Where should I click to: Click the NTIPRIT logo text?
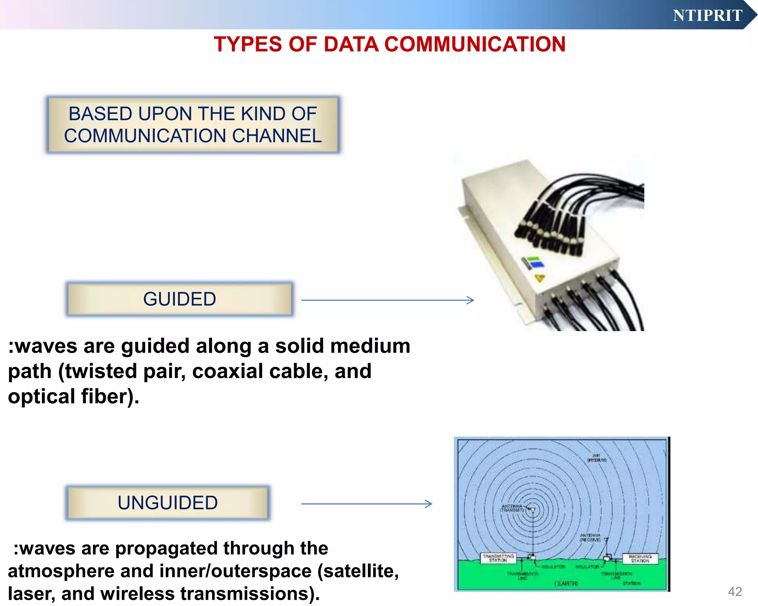point(707,16)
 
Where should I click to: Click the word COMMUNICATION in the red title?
point(475,44)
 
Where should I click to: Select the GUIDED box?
point(180,299)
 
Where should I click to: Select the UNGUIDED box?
point(168,503)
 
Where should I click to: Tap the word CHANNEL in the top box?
point(277,136)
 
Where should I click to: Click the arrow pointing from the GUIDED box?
point(387,300)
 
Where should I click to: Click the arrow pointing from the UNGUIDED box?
point(366,504)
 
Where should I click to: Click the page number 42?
point(735,591)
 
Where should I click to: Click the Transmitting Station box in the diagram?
point(498,558)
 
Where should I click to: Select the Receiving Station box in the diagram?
point(640,558)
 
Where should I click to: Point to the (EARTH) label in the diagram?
point(566,583)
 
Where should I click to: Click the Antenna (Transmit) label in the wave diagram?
point(512,508)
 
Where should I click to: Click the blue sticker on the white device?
point(537,264)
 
